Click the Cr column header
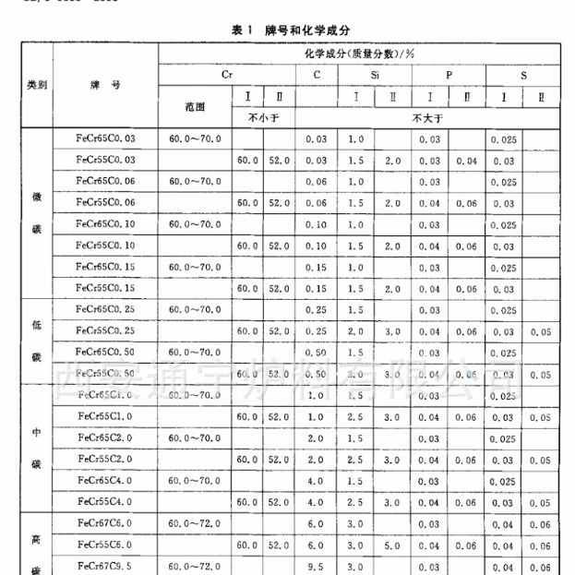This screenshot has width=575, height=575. [227, 75]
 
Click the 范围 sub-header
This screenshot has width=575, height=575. [194, 106]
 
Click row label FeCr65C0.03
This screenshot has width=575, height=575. [106, 138]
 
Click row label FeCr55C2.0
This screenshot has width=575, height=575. [106, 459]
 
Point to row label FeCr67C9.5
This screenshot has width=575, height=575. [106, 566]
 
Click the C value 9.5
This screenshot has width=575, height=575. [317, 566]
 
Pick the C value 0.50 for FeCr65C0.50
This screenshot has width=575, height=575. [317, 353]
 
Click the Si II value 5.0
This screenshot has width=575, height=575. [392, 545]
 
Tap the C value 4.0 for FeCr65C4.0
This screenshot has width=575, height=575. [317, 480]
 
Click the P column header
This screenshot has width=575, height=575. [449, 75]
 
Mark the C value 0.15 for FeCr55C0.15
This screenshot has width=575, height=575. [317, 289]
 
